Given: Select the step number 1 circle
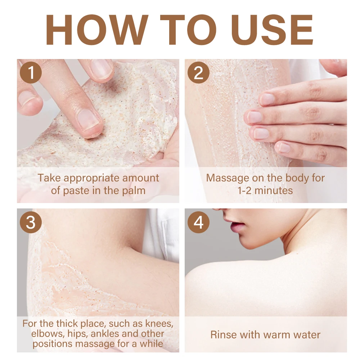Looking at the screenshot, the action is [31, 73].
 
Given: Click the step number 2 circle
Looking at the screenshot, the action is [199, 73].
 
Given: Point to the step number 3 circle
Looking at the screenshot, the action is [31, 222].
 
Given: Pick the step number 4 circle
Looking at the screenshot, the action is [199, 222].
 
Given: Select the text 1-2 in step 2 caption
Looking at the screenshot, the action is [245, 191].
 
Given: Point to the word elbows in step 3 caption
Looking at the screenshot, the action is [48, 334].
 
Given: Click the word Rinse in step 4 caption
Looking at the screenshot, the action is [224, 335].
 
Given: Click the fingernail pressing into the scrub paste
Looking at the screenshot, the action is [89, 120].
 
